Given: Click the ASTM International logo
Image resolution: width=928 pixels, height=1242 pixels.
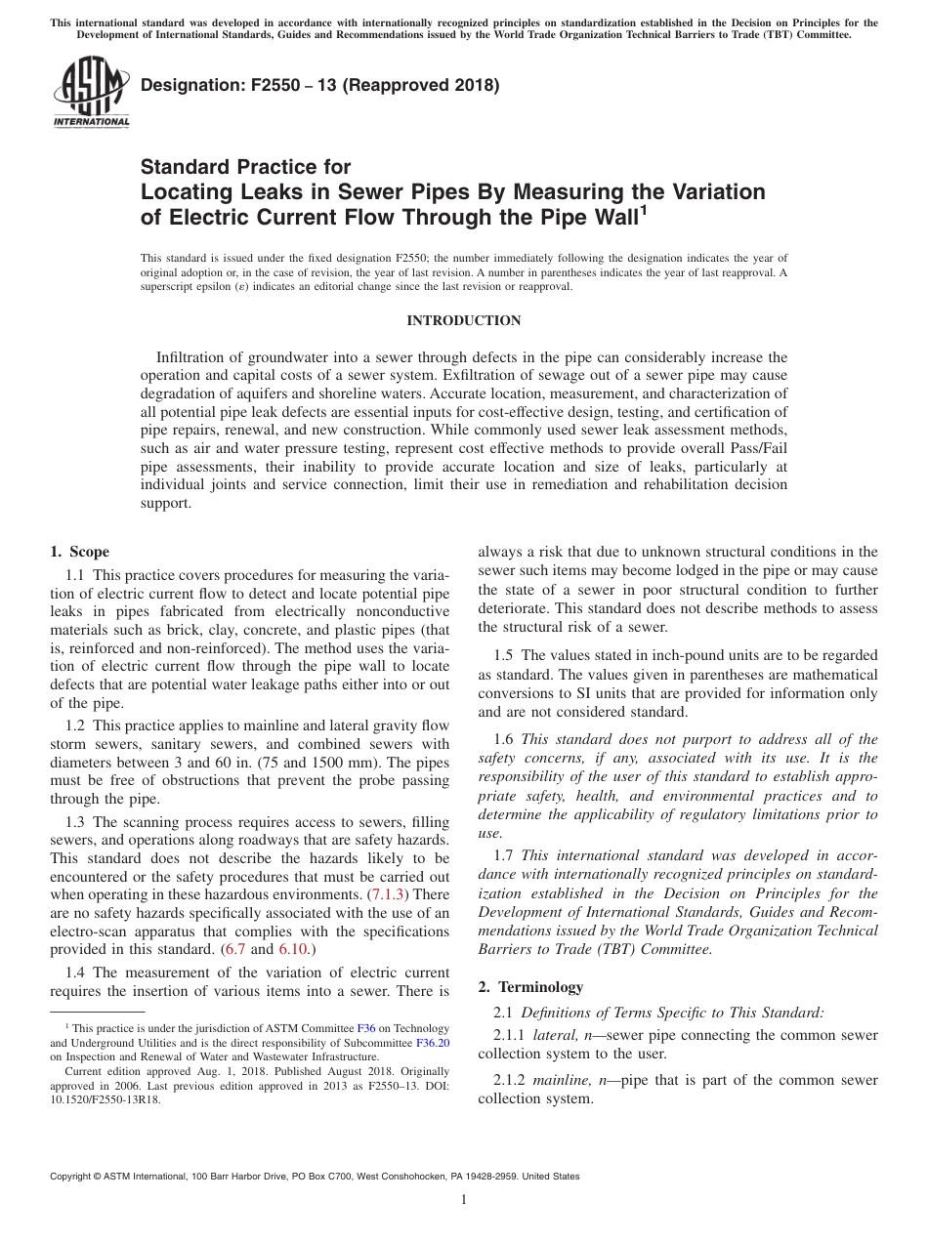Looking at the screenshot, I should click(x=90, y=94).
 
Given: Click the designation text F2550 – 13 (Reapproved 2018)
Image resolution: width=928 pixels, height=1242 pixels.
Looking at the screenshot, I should click(x=320, y=85).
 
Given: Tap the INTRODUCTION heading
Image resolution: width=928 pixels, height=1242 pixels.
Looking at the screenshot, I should click(x=463, y=321).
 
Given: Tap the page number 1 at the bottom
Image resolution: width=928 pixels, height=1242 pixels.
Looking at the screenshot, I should click(x=463, y=1200).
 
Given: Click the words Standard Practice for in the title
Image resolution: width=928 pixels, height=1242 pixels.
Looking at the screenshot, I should click(x=245, y=167).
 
